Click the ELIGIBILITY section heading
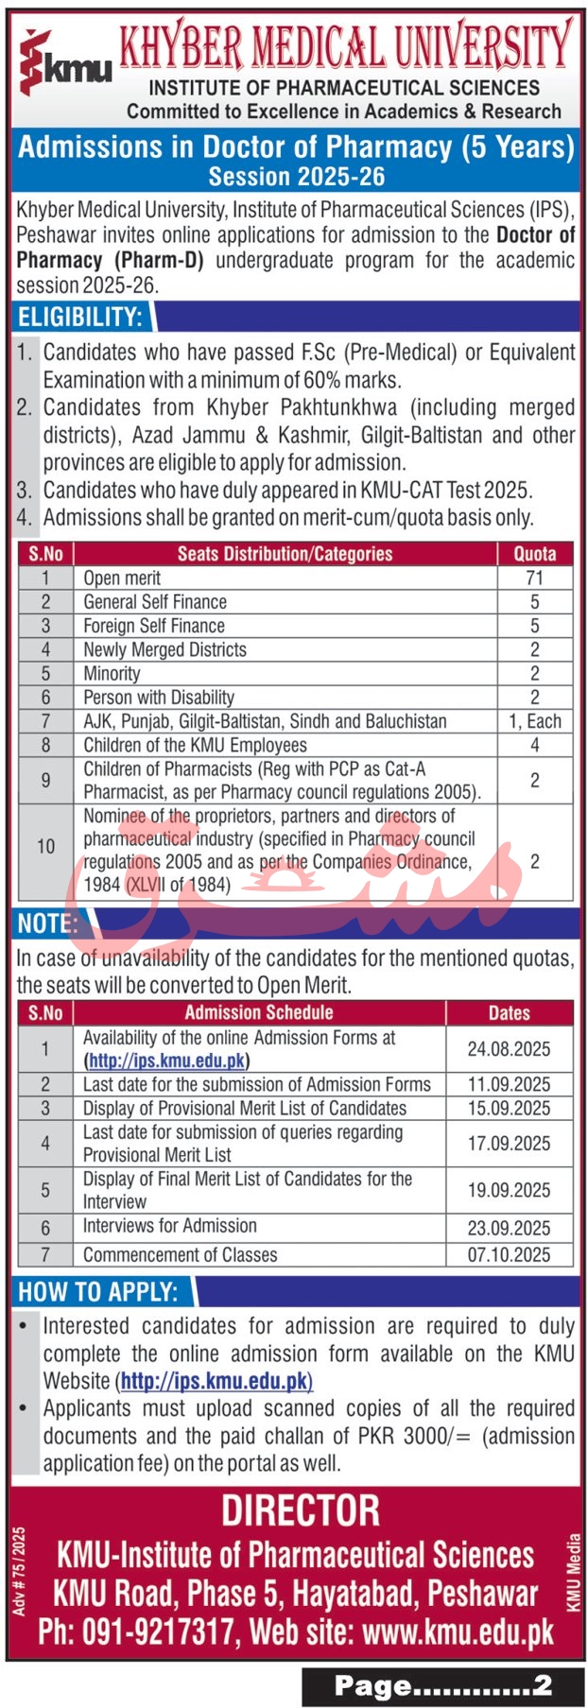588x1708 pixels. pyautogui.click(x=80, y=317)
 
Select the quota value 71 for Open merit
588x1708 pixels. pyautogui.click(x=534, y=578)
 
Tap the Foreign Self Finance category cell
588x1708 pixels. pyautogui.click(x=154, y=626)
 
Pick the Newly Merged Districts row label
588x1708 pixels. pyautogui.click(x=164, y=649)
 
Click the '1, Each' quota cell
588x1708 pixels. pyautogui.click(x=534, y=721)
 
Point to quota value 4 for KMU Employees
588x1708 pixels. pyautogui.click(x=534, y=745)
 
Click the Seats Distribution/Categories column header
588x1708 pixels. pyautogui.click(x=285, y=554)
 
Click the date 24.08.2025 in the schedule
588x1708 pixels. pyautogui.click(x=509, y=1049)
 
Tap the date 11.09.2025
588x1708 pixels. pyautogui.click(x=509, y=1084)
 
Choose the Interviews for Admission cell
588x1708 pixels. pyautogui.click(x=170, y=1226)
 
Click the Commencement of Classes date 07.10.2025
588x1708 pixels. pyautogui.click(x=509, y=1255)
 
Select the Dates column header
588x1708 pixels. pyautogui.click(x=509, y=1013)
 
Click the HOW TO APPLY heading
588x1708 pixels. pyautogui.click(x=98, y=1292)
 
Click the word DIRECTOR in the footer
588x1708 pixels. pyautogui.click(x=301, y=1510)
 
